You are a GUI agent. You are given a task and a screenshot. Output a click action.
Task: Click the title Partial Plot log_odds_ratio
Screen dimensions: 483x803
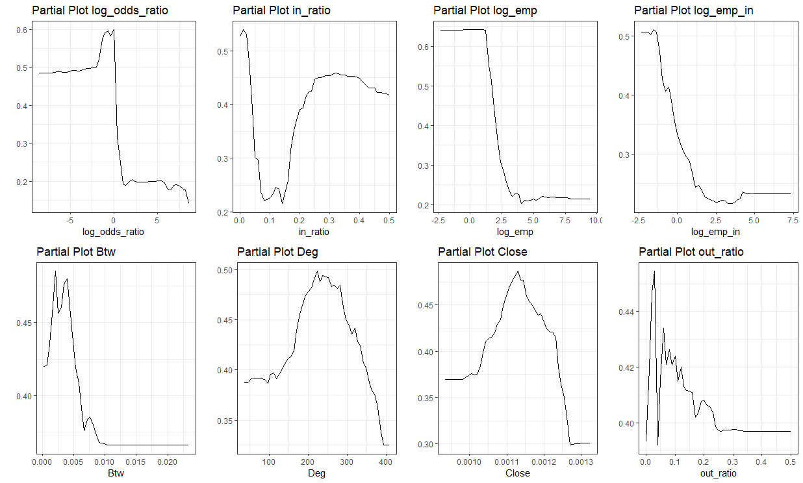point(99,10)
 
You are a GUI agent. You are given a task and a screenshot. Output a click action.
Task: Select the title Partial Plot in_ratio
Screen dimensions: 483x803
point(281,10)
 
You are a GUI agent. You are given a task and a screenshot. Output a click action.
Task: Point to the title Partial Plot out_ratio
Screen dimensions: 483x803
point(691,252)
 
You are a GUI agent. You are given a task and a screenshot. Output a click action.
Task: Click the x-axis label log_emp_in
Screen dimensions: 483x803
point(715,231)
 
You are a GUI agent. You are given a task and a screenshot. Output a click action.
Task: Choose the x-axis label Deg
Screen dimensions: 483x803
point(316,473)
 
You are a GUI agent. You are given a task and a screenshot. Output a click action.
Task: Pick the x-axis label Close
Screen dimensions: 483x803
point(517,473)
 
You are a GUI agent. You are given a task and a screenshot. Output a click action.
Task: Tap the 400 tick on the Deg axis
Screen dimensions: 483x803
point(385,462)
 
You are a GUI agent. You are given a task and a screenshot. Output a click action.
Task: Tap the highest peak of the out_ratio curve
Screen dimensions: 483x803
point(654,271)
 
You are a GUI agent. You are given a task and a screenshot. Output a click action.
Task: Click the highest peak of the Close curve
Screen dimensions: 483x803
point(518,271)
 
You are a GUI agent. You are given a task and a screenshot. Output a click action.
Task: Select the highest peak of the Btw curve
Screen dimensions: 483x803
point(56,271)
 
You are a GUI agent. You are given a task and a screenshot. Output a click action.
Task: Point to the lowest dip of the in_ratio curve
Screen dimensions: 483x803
point(282,203)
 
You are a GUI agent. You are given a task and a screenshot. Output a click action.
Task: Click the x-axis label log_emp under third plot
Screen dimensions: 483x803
point(517,231)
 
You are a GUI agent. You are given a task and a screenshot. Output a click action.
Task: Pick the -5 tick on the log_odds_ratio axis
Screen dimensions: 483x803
point(69,220)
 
